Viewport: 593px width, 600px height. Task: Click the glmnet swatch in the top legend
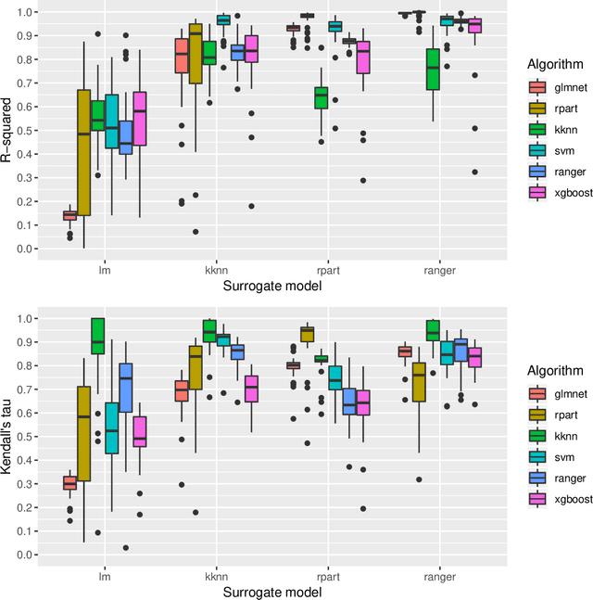pos(536,88)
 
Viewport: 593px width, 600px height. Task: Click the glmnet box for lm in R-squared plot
pos(69,215)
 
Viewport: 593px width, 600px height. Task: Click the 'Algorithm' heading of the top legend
pos(553,65)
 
